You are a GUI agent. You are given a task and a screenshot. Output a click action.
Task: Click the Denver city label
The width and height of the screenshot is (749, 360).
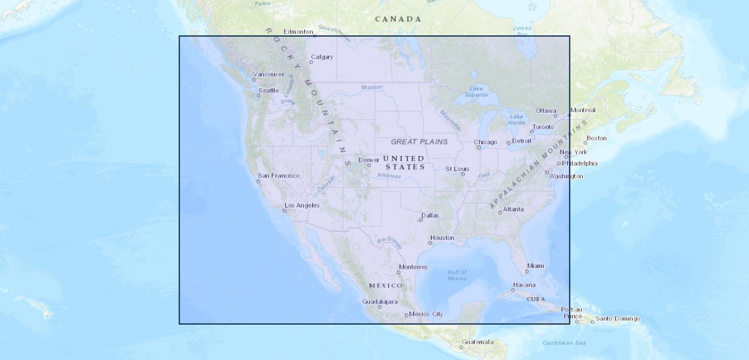tap(369, 160)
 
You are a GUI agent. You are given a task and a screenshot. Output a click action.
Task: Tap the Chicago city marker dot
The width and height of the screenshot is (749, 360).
tap(479, 147)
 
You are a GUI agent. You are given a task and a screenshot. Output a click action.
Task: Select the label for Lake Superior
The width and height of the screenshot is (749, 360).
tap(477, 91)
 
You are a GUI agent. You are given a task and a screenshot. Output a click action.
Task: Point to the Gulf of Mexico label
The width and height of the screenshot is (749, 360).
tap(457, 275)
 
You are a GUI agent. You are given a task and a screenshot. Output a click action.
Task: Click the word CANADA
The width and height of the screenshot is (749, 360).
tap(398, 19)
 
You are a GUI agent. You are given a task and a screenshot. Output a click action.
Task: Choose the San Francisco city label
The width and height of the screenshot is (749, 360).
tap(278, 176)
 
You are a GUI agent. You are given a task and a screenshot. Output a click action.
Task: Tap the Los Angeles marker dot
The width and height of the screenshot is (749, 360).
tap(285, 211)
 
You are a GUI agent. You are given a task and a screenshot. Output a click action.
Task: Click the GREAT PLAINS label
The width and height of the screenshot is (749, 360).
tap(419, 142)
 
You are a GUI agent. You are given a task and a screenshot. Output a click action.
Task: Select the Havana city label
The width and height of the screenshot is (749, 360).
tap(524, 285)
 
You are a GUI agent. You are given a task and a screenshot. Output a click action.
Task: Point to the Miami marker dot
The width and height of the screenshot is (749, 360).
tap(527, 272)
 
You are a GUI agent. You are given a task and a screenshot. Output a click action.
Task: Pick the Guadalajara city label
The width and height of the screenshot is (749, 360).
tap(380, 302)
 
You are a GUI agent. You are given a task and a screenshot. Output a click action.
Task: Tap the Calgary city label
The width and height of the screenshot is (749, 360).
tap(322, 57)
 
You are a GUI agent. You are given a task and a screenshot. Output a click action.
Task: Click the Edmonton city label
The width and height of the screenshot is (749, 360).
tap(298, 32)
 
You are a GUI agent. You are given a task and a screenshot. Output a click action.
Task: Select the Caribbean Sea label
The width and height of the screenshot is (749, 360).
tap(564, 343)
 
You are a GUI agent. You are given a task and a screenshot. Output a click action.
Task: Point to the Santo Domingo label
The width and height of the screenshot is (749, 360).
tap(618, 319)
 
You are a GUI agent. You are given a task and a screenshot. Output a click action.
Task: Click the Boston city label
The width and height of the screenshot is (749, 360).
tap(597, 138)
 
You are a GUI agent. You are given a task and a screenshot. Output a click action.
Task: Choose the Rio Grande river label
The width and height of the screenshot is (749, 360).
tap(389, 241)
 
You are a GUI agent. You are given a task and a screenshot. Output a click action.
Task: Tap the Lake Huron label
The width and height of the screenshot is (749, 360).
tap(517, 119)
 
